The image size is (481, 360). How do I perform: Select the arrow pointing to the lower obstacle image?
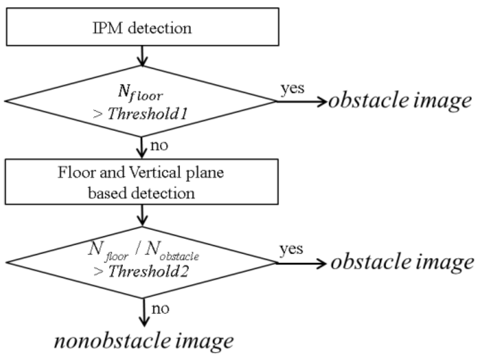coord(301,263)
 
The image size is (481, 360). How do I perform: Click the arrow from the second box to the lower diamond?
coord(141,217)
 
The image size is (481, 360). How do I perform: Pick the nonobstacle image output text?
coord(143,340)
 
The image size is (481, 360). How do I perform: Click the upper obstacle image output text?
coord(399,100)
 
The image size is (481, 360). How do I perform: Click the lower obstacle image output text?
coord(402,262)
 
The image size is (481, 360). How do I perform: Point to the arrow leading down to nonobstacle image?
coord(141,313)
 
